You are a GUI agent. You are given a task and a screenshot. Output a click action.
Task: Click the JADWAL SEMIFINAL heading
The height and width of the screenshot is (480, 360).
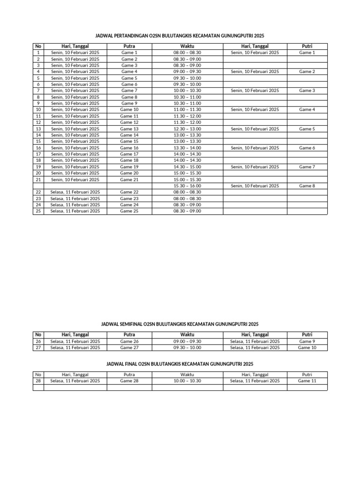coord(180,324)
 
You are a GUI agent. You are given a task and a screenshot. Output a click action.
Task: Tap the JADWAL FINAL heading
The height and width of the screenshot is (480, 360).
coord(180,364)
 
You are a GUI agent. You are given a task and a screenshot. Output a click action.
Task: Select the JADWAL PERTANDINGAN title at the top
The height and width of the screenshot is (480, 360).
coord(180,35)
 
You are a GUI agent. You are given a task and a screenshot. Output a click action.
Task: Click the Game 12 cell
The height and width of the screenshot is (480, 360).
coord(129,122)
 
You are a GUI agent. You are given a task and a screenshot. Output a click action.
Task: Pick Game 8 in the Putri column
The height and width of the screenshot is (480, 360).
coord(307,186)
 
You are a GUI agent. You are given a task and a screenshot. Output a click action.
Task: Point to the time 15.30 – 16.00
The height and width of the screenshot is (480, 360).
coord(187,186)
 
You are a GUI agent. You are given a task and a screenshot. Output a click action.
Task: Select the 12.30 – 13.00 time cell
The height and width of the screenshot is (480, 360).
coord(187,128)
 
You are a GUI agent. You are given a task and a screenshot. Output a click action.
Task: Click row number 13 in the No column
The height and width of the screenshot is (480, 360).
coord(38,128)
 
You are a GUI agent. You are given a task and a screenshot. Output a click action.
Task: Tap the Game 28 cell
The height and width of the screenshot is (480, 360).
coord(129,381)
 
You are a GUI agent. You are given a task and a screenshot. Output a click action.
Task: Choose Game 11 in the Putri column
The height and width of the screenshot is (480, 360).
coord(307,381)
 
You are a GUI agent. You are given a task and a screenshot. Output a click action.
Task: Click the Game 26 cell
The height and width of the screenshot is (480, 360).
coord(129,341)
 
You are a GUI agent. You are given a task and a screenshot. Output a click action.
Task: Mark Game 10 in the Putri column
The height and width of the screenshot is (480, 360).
coord(307,348)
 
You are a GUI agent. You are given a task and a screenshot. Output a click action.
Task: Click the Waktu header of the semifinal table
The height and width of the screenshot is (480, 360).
coord(187,335)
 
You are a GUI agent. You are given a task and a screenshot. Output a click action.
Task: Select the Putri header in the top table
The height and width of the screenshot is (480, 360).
coord(307,46)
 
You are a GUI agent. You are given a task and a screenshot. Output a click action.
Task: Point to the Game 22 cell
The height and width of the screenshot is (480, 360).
coord(129,192)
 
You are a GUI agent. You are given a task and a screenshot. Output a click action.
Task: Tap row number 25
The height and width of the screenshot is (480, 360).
coord(38,211)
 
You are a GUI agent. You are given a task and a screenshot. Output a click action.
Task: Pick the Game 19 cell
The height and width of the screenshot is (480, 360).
coord(129,166)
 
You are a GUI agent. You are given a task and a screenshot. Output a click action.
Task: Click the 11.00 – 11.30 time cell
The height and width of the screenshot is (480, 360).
coord(187,109)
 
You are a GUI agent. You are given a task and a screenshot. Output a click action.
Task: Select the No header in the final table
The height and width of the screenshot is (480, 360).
coord(38,375)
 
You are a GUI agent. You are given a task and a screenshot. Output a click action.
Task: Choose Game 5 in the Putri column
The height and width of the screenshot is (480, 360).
coord(307,128)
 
